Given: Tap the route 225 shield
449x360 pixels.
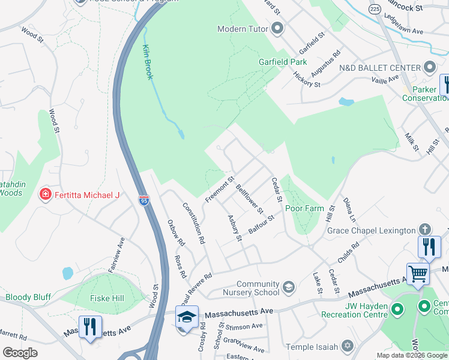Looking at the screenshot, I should tap(375, 9).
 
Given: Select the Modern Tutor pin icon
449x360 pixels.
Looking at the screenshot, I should tap(277, 28).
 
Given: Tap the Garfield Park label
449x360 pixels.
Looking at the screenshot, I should tap(283, 62).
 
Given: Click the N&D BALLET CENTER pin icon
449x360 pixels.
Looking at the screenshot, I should tap(430, 67).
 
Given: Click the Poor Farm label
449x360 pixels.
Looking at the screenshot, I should tap(304, 209).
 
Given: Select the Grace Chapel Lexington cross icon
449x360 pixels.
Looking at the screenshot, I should tap(425, 230).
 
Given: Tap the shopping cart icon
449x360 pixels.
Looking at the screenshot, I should tap(418, 273).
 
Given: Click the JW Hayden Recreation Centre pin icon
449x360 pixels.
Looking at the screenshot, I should tap(397, 310).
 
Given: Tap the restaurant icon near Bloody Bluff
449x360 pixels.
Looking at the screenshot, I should tap(90, 326).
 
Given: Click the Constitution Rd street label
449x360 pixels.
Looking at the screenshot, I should tap(193, 222).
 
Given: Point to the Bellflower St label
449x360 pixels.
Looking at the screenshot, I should tap(249, 199).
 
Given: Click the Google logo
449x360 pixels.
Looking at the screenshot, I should tap(20, 353).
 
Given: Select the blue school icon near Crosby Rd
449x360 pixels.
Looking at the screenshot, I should tap(187, 316).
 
